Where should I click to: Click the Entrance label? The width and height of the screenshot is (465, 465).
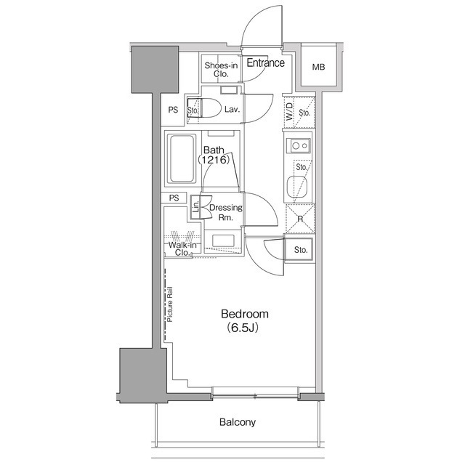point(265,63)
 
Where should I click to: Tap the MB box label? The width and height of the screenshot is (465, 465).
point(318,68)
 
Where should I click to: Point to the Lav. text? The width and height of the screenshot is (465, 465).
point(232,110)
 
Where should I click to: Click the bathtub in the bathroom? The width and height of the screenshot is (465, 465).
point(181,158)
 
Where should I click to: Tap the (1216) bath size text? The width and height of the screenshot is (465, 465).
point(216,161)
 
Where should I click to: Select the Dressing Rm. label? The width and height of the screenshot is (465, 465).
point(225,212)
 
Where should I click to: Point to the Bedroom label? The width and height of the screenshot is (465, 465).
point(245,314)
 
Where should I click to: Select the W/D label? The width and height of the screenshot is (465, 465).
point(289,113)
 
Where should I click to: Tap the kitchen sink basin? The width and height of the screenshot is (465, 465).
point(297,186)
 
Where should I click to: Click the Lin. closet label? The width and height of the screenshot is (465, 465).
point(195,207)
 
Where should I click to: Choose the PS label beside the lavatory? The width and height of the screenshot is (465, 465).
point(173,110)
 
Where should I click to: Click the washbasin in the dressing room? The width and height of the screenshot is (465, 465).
point(222,240)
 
